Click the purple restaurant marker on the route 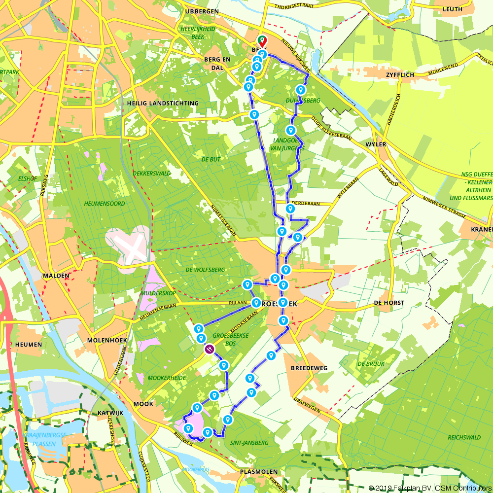click(x=210, y=350)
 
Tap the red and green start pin click(x=261, y=41)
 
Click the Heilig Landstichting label click(x=163, y=103)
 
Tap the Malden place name click(x=55, y=276)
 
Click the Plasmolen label click(x=258, y=472)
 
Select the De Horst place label click(x=389, y=303)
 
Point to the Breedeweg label click(x=309, y=368)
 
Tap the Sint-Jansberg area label click(x=249, y=443)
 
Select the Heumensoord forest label click(x=104, y=203)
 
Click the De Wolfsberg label click(x=205, y=270)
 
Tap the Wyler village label click(x=376, y=145)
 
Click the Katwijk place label click(x=106, y=413)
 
